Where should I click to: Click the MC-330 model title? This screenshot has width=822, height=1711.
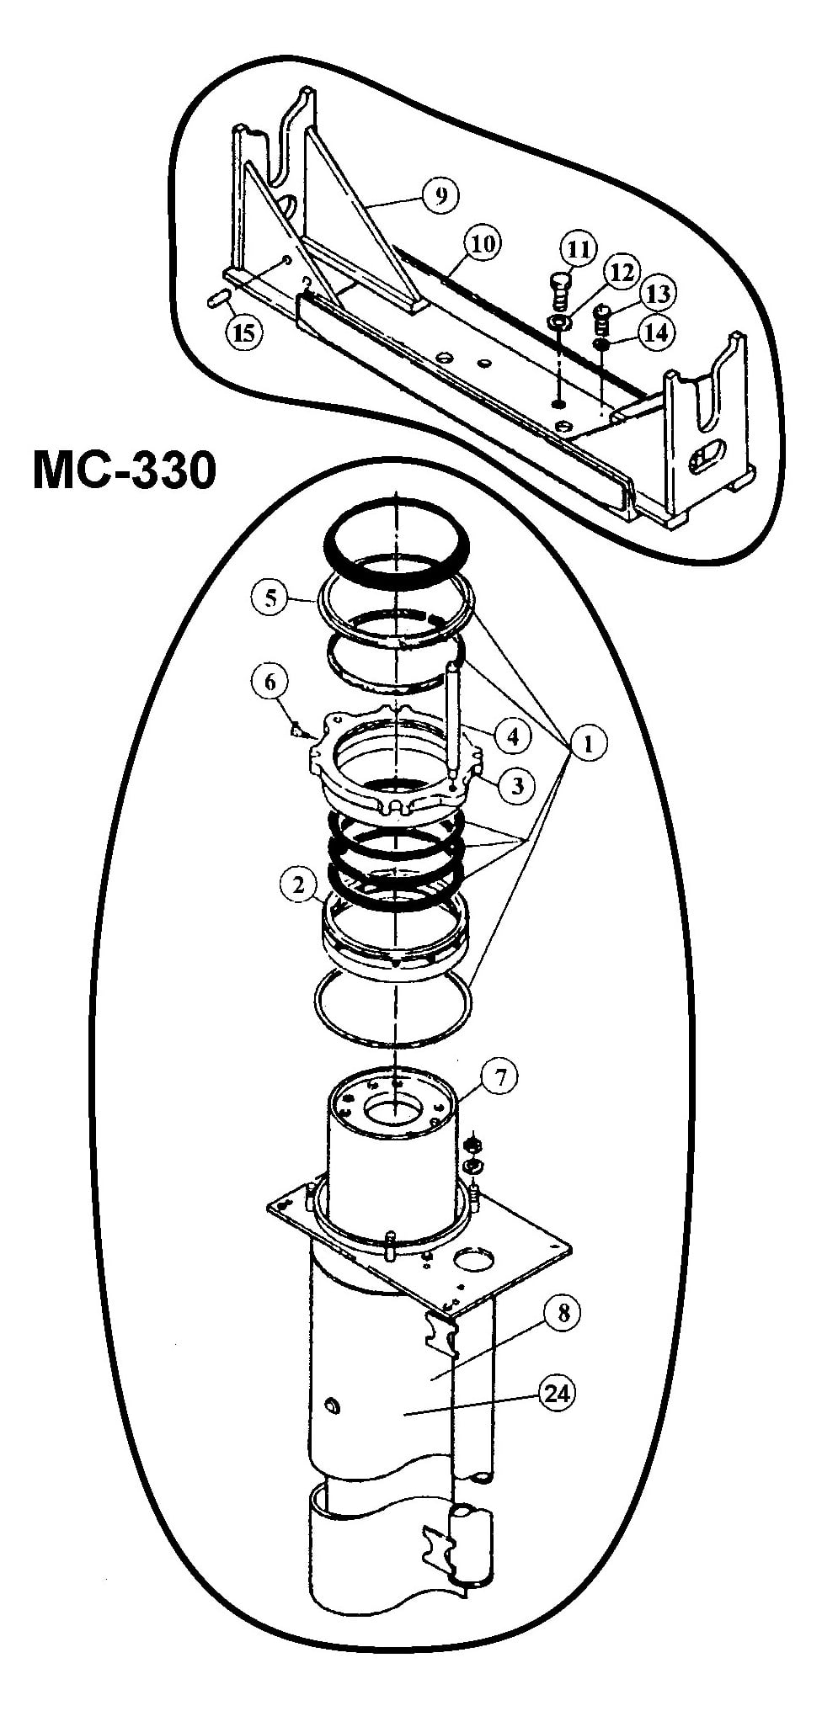coord(125,470)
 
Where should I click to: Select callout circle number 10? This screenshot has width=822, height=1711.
coord(482,245)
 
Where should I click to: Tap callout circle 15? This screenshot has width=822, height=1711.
coord(243,332)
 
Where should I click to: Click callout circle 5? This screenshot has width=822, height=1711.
coord(270,598)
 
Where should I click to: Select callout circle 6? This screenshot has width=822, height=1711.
coord(270,682)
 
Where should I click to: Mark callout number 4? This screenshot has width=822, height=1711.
coord(513,736)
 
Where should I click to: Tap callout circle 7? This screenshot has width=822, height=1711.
coord(499,1078)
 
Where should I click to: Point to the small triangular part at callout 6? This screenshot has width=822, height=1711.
coord(296,729)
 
